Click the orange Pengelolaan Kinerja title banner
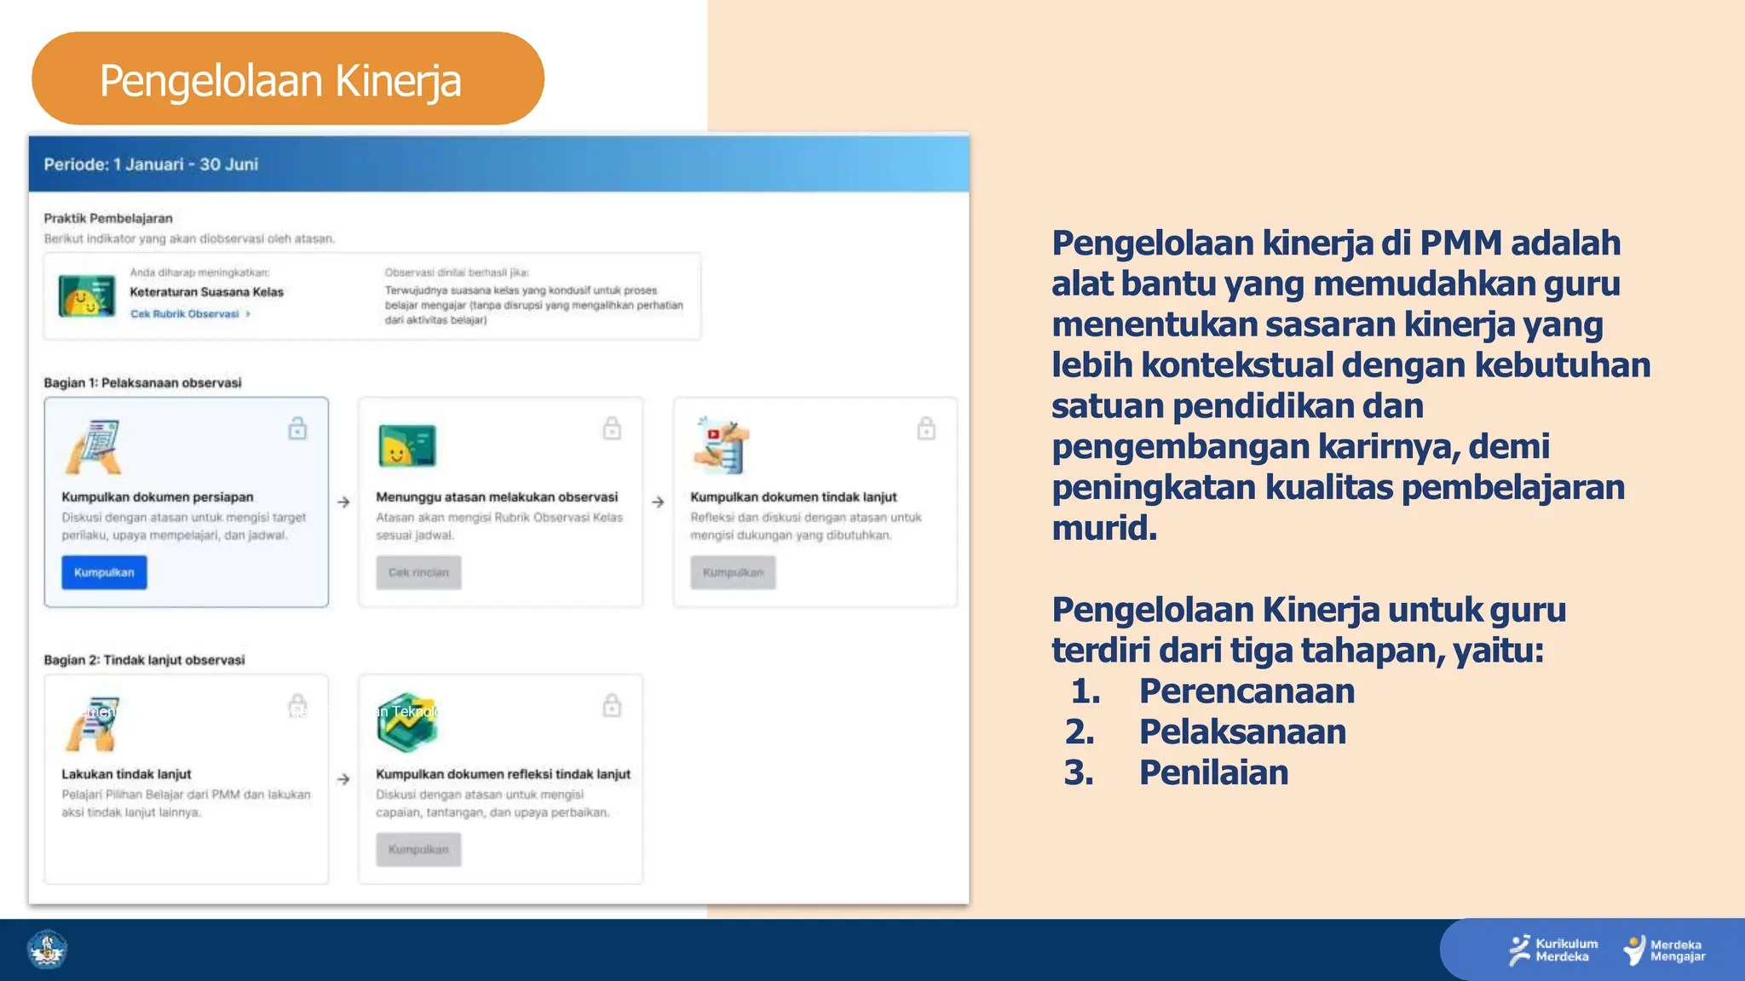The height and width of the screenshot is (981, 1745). coord(287,79)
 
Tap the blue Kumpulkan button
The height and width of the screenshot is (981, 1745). coord(104,572)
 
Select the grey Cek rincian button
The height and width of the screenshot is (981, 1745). coord(418,572)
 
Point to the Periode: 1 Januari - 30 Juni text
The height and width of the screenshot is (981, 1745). coord(151,164)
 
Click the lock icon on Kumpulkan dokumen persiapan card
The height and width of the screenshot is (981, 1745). coord(297,428)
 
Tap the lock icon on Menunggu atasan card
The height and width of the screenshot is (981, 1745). coord(612,428)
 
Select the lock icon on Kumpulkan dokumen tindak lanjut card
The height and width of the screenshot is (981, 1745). coord(926,428)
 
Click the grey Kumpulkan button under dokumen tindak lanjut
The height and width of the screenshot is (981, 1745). coord(733,572)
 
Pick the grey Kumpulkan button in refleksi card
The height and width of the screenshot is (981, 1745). coord(418,849)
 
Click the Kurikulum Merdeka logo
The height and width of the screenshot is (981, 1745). coord(1553,950)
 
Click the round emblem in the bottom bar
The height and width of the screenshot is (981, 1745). coord(48,949)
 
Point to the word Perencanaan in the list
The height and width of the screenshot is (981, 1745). coord(1247,691)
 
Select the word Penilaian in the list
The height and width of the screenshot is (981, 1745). coord(1213,772)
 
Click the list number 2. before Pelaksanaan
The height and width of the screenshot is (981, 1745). coord(1080,731)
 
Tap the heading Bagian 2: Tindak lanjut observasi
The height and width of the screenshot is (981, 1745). coord(144,660)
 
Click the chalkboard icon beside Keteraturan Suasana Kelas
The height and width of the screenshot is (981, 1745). coord(87,295)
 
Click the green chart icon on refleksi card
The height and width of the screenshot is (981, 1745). coord(407,722)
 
